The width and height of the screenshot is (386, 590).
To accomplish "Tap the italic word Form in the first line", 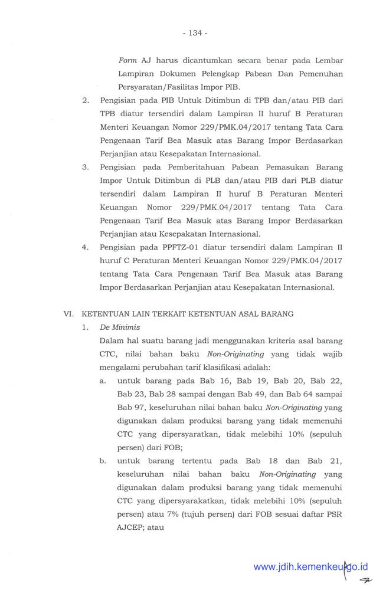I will (128, 60).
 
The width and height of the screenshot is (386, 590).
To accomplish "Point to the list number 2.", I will (86, 100).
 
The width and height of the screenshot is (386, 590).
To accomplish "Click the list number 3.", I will (86, 167).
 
